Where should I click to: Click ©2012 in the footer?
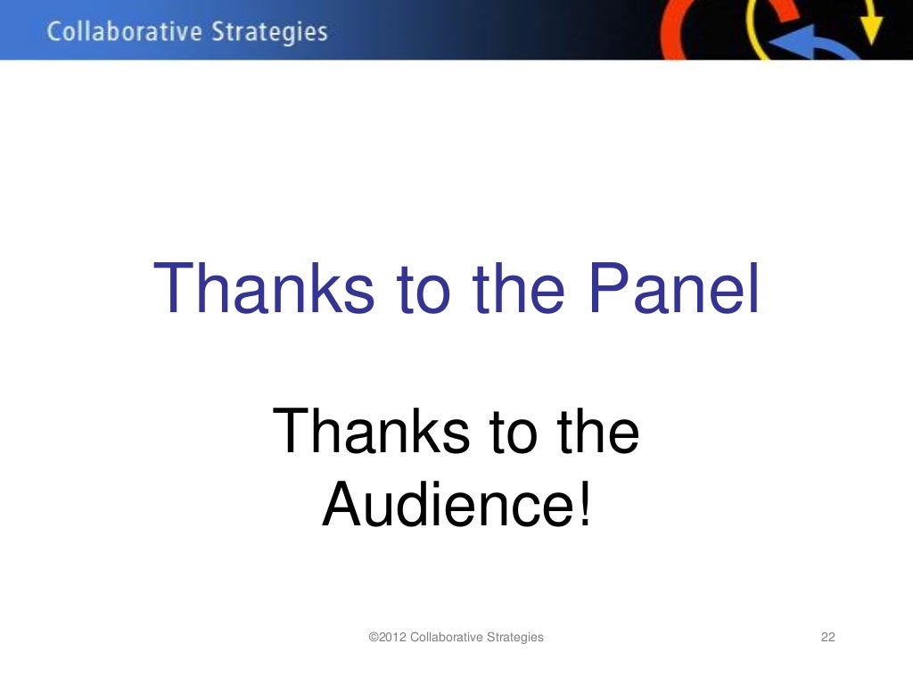(389, 637)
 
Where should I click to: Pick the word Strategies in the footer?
(515, 637)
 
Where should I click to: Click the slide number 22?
(827, 637)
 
